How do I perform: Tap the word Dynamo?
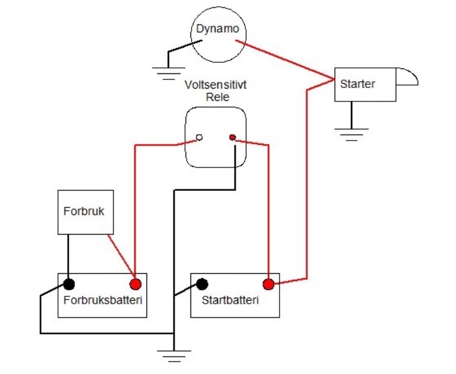217,29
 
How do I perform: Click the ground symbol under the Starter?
352,134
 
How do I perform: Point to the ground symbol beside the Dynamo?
168,73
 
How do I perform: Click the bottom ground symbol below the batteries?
174,356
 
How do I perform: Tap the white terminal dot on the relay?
199,137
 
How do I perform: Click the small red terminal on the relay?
233,137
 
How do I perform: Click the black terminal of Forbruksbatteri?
69,284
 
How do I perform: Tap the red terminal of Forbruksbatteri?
136,284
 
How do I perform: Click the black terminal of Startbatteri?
202,284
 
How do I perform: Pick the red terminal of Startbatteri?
269,284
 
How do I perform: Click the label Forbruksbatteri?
103,301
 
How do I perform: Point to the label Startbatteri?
230,301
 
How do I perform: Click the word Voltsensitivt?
215,85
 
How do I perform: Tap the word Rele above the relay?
217,97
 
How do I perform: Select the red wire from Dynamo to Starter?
285,60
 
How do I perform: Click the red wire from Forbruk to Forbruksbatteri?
121,256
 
